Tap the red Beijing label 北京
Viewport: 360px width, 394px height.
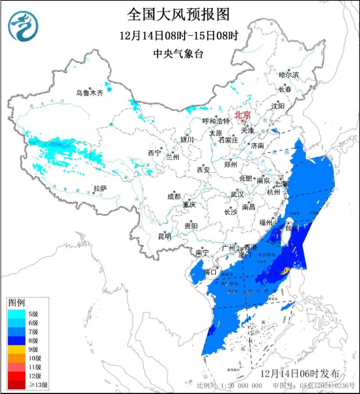242,115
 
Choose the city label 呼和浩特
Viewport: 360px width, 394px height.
216,121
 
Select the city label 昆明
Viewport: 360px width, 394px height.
164,236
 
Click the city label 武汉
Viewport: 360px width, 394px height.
237,194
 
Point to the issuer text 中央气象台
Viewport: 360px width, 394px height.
178,54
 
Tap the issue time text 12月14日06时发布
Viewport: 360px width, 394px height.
303,373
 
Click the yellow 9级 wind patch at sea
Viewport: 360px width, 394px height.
285,271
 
